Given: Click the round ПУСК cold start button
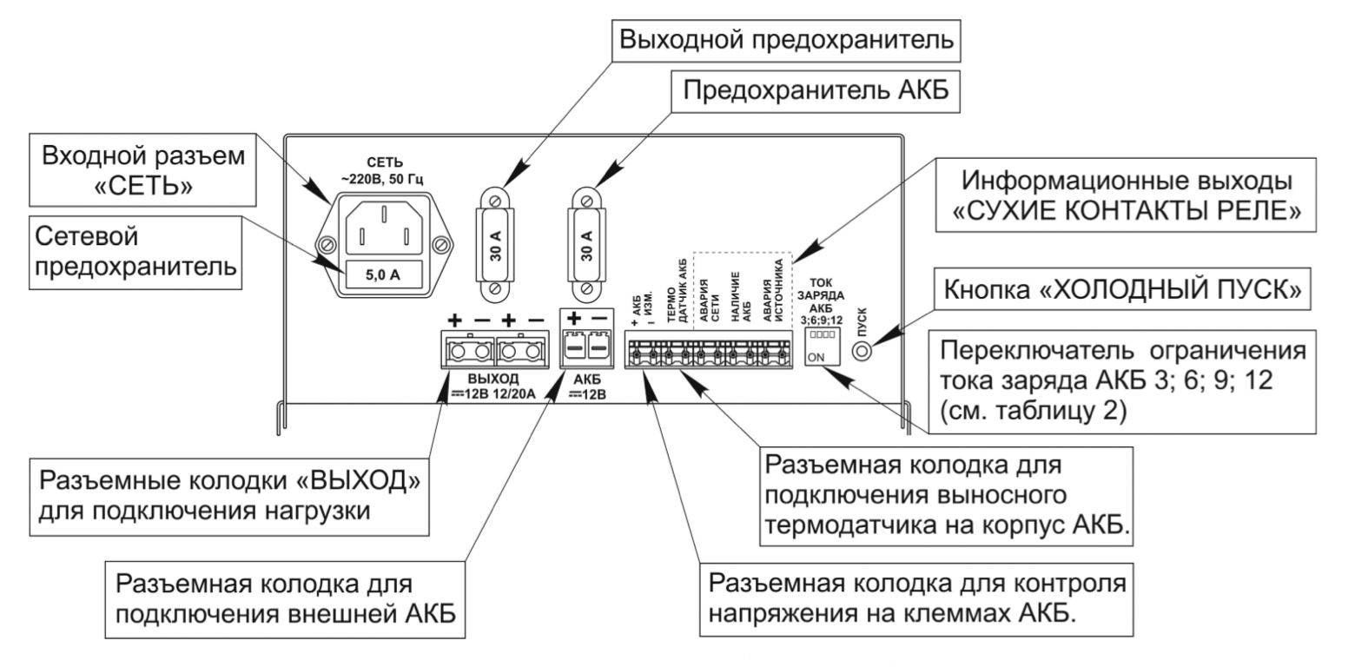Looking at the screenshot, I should click(863, 352).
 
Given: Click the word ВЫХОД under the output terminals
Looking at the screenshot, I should click(493, 380).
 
